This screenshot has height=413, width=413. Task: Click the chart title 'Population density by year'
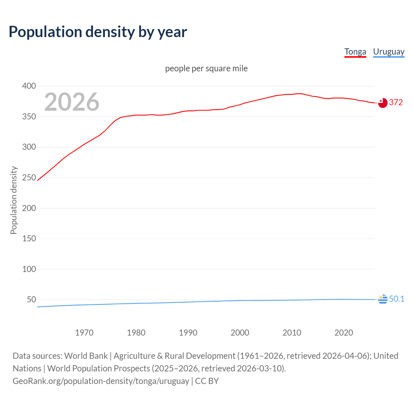98,32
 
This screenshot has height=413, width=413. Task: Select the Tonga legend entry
355,52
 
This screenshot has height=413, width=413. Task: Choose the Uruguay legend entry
388,52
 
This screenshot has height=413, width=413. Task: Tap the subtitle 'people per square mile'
206,68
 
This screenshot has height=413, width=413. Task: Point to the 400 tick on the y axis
29,86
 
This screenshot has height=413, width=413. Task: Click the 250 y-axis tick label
29,177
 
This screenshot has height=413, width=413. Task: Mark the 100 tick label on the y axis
29,269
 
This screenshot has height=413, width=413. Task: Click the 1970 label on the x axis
84,333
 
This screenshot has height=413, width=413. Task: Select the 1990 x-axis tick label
188,333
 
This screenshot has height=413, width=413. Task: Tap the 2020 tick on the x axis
344,333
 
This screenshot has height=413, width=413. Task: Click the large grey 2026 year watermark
72,102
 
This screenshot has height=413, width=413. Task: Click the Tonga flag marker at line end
383,103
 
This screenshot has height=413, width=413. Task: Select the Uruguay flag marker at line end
383,299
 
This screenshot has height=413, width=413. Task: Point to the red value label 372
396,103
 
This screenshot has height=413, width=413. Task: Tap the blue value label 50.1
397,299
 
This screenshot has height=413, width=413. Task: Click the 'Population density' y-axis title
14,200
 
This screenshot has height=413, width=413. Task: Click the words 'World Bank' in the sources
86,356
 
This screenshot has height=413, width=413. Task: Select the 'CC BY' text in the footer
207,381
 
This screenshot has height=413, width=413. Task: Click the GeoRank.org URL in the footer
101,381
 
